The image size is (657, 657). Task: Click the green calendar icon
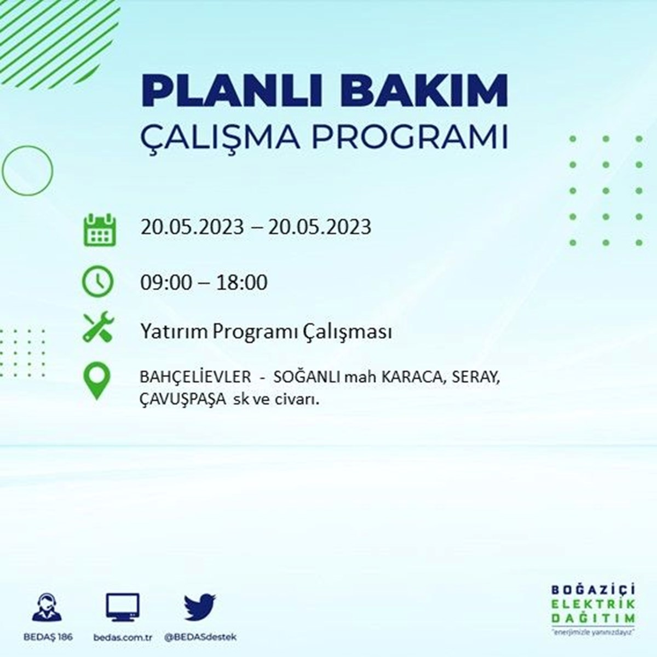click(x=100, y=229)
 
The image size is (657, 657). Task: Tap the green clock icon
click(x=97, y=281)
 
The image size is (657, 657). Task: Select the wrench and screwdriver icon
click(x=99, y=327)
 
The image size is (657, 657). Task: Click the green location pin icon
click(x=97, y=380)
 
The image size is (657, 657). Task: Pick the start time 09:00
click(x=166, y=283)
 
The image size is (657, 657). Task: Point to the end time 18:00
click(x=241, y=283)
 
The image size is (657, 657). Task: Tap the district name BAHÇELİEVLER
click(x=195, y=377)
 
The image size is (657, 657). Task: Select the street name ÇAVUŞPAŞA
click(x=183, y=400)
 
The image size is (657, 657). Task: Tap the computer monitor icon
click(x=123, y=607)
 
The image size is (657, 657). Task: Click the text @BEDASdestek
click(x=200, y=637)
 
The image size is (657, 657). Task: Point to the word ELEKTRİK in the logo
click(x=593, y=604)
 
